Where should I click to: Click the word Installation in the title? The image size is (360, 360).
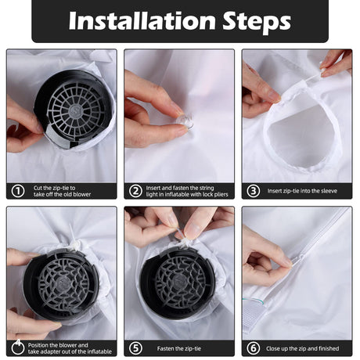point(142,20)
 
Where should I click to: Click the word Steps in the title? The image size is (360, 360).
point(257,22)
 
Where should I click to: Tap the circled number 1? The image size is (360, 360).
point(18,191)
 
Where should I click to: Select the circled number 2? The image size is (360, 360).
point(135,191)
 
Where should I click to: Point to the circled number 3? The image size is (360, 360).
point(254,191)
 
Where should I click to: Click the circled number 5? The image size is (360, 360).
point(135,348)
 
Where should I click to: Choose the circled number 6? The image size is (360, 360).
point(254,348)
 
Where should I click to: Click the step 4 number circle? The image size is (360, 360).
point(18,347)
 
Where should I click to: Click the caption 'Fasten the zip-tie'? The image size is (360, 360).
point(179,348)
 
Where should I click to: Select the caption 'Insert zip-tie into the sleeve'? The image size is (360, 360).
point(302,191)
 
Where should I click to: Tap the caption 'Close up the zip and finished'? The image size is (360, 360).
point(303,348)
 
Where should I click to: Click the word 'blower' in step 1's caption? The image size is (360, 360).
point(82,195)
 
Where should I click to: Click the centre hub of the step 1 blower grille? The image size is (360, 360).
point(76,110)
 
